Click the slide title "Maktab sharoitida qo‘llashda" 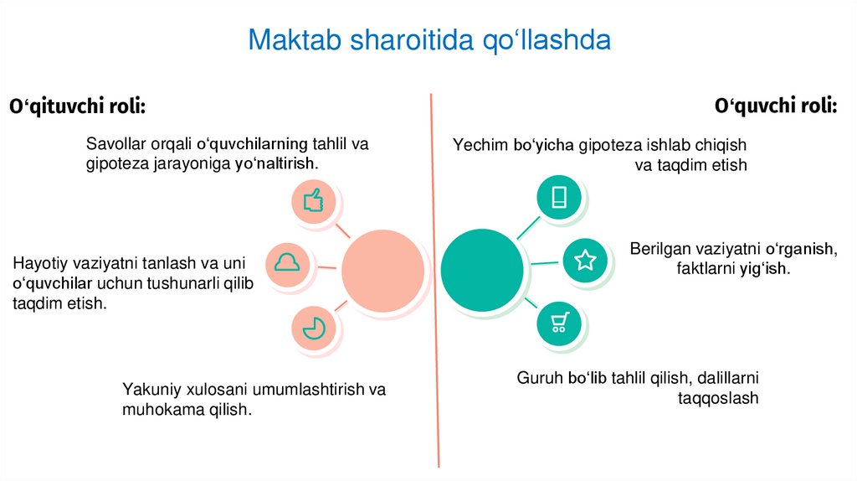[428, 40]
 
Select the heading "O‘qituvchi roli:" [77, 107]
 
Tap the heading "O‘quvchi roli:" [776, 106]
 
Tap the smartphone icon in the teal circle [559, 197]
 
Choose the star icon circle [584, 261]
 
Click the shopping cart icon [558, 323]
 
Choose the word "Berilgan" [659, 249]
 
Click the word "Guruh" [539, 378]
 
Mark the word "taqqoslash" [718, 398]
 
